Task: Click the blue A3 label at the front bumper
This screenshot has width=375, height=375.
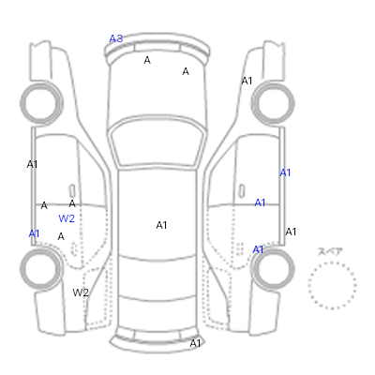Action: (115, 38)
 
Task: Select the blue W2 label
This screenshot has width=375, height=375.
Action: (67, 218)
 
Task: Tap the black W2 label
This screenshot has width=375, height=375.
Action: (81, 292)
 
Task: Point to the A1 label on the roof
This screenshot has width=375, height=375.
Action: (161, 225)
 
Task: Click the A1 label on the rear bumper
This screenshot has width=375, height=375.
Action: (195, 343)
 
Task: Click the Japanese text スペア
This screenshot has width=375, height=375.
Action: (330, 251)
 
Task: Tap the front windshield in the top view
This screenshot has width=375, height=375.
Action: (158, 142)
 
